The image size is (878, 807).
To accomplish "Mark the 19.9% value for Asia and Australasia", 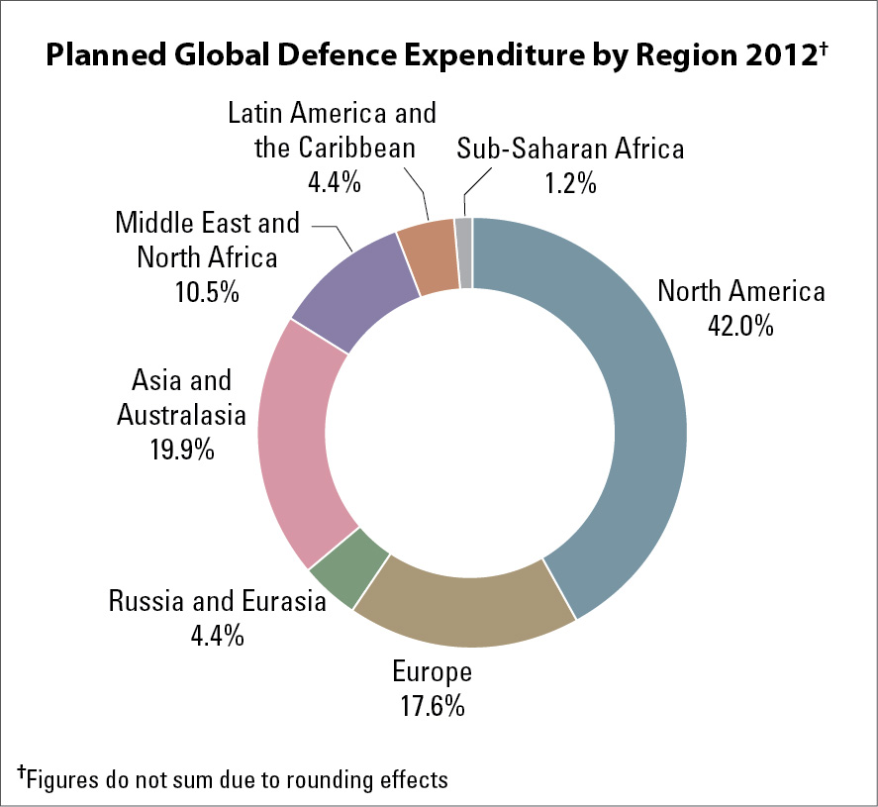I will point(174,449).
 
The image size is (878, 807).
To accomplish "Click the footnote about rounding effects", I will point(234,778).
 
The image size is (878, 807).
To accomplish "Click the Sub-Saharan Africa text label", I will point(570,150).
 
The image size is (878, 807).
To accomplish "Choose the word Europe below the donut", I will point(432,672).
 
